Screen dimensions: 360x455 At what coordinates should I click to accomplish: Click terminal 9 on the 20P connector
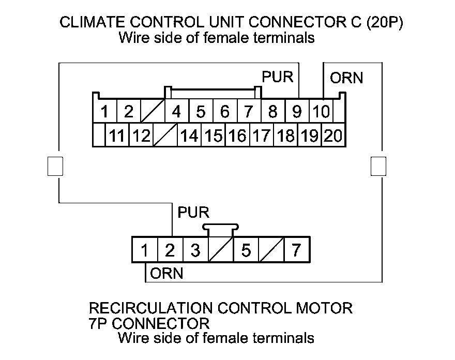coord(297,111)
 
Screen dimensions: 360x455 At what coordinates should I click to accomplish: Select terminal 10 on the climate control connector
coord(321,111)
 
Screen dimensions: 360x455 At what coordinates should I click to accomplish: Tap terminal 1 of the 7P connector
coord(145,251)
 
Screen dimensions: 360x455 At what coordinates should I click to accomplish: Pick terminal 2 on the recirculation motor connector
coord(170,251)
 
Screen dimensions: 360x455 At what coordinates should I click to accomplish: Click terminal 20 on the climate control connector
coord(333,136)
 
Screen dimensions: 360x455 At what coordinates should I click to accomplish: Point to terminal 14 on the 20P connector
coord(189,136)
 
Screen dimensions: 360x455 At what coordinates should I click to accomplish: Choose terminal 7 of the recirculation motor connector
coord(296,251)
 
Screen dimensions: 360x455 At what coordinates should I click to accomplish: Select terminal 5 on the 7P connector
coord(246,251)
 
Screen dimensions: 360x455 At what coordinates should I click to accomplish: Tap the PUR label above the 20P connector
coord(277,77)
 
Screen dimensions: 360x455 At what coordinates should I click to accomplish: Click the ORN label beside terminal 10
coord(346,78)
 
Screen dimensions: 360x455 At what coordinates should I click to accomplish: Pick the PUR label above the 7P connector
coord(193,213)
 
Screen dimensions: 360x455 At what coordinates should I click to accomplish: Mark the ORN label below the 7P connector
coord(166,274)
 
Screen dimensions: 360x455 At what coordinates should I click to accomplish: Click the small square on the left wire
coord(55,166)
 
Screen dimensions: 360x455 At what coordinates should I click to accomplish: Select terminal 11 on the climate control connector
coord(118,136)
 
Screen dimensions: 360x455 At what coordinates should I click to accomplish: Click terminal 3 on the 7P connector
coord(195,251)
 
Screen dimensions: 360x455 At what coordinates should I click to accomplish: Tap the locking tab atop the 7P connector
coord(221,228)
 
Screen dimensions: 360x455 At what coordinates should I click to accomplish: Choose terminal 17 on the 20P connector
coord(262,136)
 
